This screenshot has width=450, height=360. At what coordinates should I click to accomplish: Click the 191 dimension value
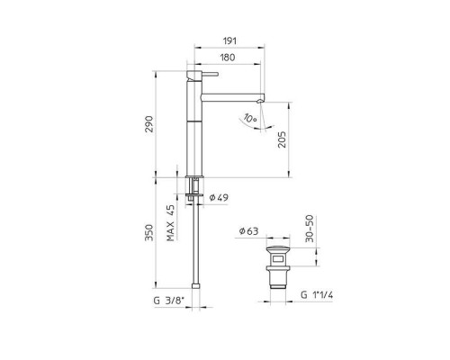point(229,40)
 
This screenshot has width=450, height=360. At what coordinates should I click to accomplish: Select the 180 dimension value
point(228,58)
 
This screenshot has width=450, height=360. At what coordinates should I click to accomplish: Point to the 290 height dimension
point(149,124)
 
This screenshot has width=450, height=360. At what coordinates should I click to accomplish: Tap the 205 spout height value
point(282,139)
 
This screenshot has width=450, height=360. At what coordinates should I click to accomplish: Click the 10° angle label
point(250,118)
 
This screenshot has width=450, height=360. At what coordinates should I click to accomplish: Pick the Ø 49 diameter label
point(219,197)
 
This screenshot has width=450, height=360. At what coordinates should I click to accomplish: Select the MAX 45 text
point(170,223)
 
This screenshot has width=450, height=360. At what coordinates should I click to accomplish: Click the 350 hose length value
point(149,232)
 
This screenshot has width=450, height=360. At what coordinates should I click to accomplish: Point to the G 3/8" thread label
point(168,301)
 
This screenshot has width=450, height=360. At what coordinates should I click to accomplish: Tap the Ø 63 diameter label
point(248,231)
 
